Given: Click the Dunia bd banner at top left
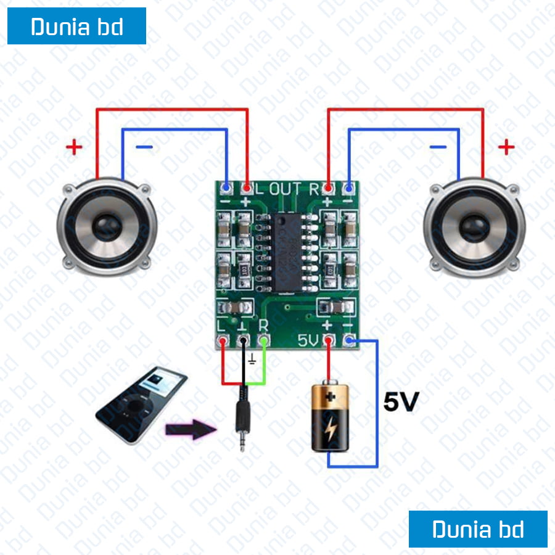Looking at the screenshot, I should (x=76, y=27).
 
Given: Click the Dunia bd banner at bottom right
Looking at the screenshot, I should (x=478, y=529).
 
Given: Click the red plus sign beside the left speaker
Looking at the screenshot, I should (x=74, y=147).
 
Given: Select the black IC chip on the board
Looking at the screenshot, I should (x=287, y=252).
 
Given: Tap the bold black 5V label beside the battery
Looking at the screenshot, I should (x=401, y=403).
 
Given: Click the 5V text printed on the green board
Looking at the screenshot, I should (x=308, y=340).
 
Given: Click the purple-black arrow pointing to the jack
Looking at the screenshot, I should (x=189, y=429).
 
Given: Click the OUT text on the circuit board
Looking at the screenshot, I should (x=289, y=189).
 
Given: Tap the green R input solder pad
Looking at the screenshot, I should (x=265, y=340).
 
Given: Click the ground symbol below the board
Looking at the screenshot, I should (x=252, y=358).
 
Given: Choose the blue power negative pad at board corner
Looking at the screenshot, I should (x=350, y=339).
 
